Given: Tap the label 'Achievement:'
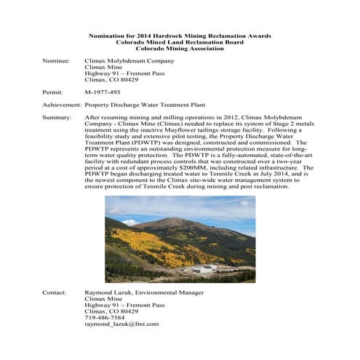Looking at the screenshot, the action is tap(61, 105).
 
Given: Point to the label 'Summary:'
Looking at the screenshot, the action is tap(57, 116).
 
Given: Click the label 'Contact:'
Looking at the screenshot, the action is tap(55, 292).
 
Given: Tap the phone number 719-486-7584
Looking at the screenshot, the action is tap(105, 316).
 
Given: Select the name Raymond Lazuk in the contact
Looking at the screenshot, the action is tap(109, 292).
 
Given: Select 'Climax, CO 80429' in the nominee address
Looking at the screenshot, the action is tap(111, 79).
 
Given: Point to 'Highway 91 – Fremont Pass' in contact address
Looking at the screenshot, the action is tap(124, 304).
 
